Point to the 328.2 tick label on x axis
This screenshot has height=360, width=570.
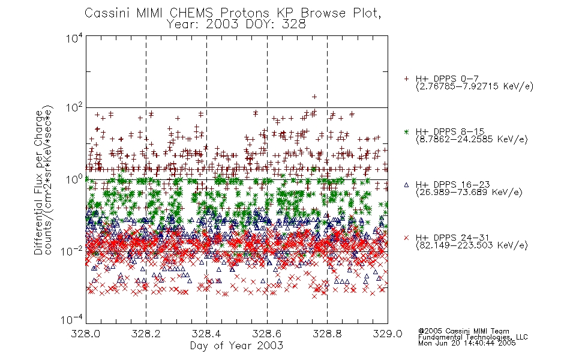click(x=146, y=334)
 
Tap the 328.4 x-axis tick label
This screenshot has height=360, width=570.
click(x=206, y=334)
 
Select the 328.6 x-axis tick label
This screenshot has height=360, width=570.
click(x=267, y=334)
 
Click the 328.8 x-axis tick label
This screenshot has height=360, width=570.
click(x=327, y=334)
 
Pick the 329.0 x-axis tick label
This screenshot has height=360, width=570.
click(x=388, y=334)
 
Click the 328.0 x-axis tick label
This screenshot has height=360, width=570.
click(x=85, y=334)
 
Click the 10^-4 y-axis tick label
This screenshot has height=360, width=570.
click(x=72, y=320)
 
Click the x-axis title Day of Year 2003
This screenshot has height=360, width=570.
click(x=236, y=346)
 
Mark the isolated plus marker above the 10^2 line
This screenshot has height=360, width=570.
click(x=314, y=97)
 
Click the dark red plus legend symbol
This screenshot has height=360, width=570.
click(x=406, y=79)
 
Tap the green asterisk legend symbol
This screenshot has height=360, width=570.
click(x=406, y=131)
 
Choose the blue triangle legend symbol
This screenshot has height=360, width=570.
click(x=406, y=185)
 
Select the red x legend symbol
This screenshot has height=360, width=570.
click(x=406, y=238)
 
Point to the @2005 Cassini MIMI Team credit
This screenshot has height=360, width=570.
click(x=463, y=331)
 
